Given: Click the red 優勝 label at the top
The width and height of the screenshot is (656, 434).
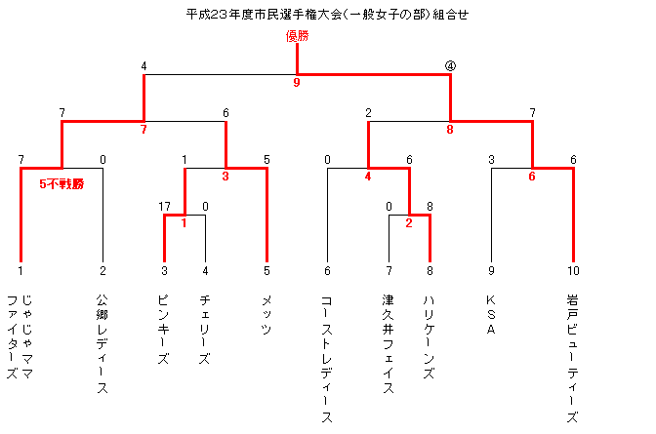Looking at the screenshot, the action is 297,36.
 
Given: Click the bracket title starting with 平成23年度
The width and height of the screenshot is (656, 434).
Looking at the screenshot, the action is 327,15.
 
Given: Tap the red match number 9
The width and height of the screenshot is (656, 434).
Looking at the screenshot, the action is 297,82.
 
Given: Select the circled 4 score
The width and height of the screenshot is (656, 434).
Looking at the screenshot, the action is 450,66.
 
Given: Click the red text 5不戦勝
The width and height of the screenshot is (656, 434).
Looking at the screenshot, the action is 61,184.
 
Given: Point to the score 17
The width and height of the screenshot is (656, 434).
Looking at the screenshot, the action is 164,207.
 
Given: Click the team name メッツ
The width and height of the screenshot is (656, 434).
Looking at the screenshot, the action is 266,315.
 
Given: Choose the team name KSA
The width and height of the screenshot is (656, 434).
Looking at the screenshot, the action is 491,315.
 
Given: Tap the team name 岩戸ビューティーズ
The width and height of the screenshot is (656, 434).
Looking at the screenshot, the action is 573,358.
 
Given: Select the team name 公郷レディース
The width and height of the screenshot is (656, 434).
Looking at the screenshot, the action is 102,343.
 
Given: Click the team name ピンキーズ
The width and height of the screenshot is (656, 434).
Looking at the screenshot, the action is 164,330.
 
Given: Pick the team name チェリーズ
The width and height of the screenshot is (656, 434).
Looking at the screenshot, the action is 205,330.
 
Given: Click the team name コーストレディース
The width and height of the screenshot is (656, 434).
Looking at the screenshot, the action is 327,359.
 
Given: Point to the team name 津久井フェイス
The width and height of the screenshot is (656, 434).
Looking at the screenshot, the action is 389,343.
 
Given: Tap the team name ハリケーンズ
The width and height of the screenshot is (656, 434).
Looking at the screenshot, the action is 430,337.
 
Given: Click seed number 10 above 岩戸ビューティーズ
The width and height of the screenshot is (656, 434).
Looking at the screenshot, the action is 573,271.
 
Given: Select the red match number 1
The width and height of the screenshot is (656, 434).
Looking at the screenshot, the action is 184,223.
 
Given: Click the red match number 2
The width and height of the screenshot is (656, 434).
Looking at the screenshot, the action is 409,223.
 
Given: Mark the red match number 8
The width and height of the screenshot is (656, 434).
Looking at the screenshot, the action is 450,130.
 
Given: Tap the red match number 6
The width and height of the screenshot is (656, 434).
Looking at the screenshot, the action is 532,177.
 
